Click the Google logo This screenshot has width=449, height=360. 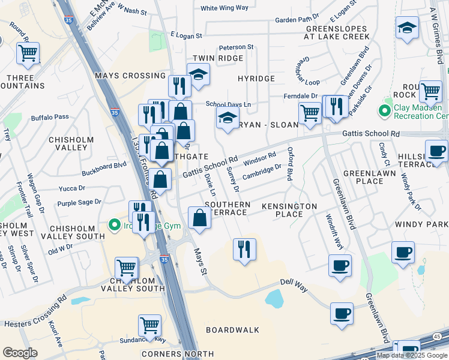click(x=20, y=353)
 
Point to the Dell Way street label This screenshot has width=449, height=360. click(x=294, y=285)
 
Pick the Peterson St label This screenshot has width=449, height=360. click(x=236, y=47)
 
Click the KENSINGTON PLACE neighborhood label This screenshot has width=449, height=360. click(x=289, y=210)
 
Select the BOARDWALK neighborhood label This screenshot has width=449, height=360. click(x=232, y=330)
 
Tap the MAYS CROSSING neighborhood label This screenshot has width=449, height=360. click(x=130, y=76)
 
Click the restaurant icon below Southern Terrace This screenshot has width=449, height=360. click(x=244, y=248)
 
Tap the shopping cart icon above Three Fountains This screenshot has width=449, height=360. click(x=28, y=53)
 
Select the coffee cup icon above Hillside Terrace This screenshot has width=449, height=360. click(x=436, y=151)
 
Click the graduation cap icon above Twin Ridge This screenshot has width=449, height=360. click(x=198, y=74)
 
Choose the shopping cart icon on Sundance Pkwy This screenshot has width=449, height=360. click(x=149, y=325)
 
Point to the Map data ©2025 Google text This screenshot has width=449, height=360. click(x=411, y=355)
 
